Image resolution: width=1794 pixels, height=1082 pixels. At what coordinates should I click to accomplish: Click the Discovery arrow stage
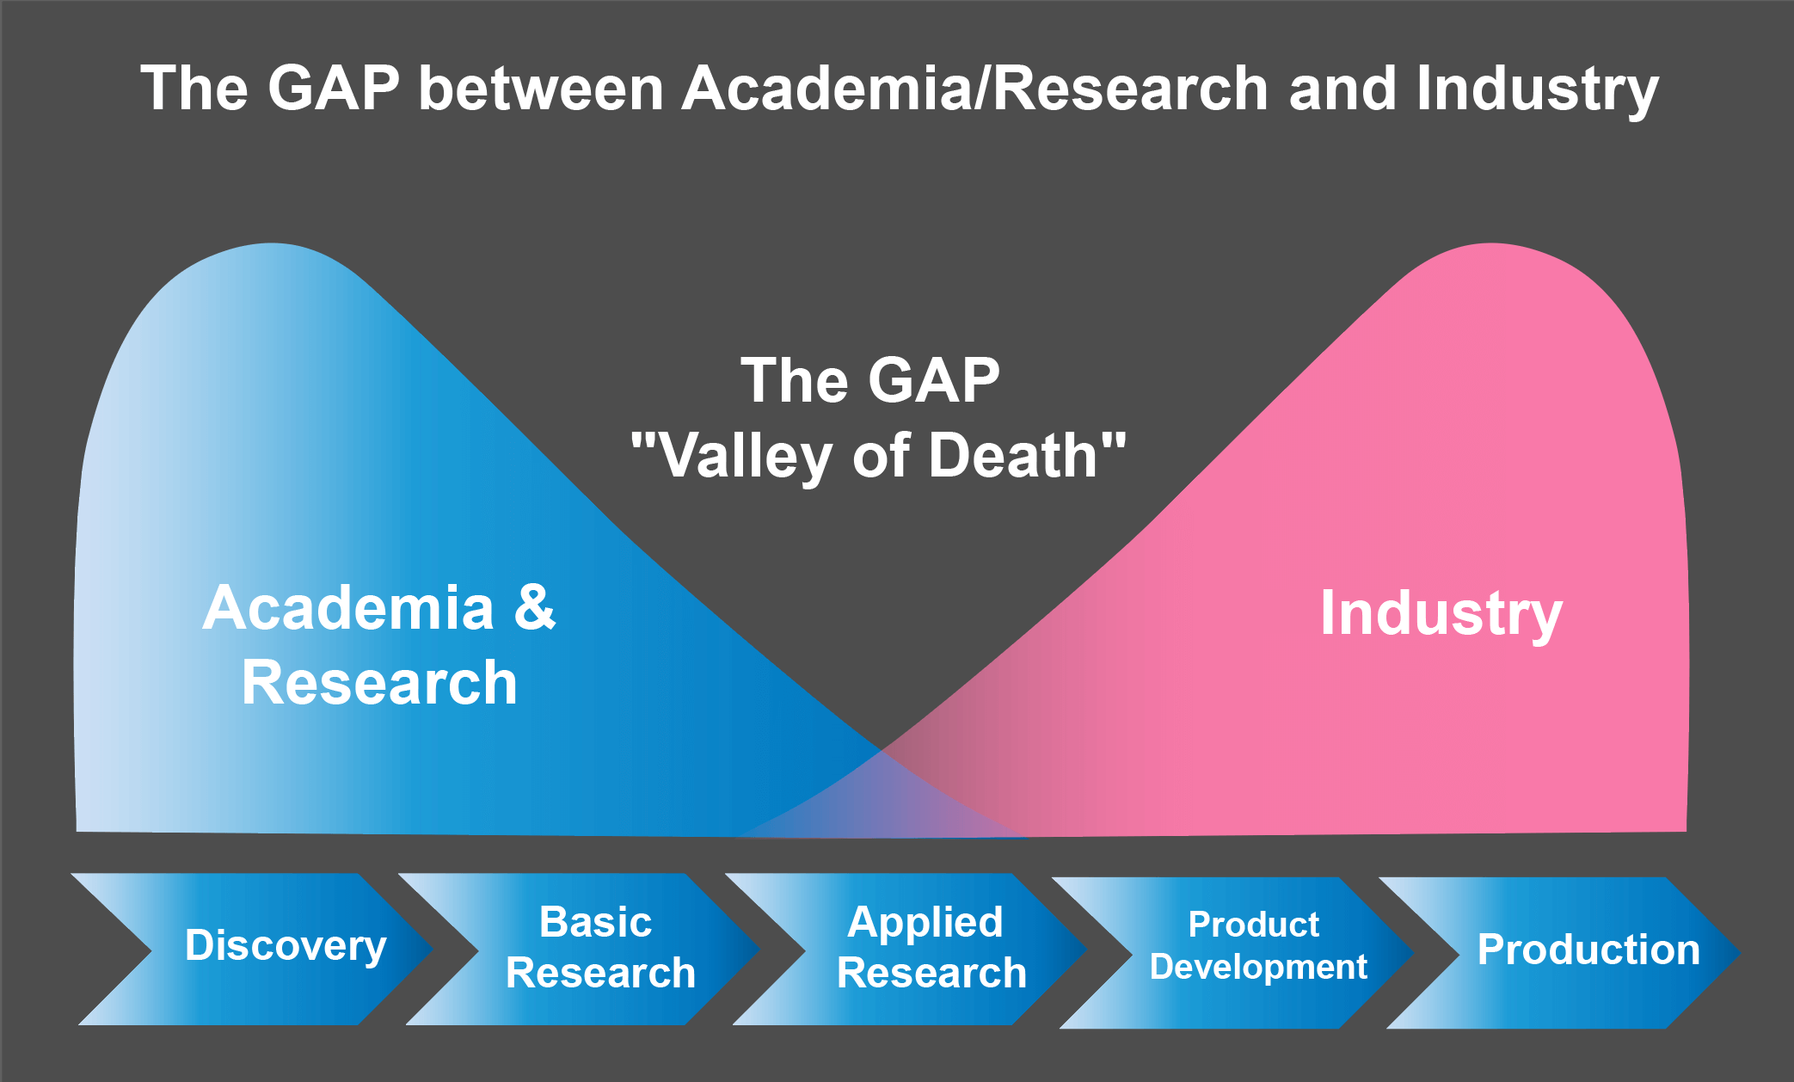(x=258, y=949)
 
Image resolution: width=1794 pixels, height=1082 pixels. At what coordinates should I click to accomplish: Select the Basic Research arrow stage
(x=585, y=949)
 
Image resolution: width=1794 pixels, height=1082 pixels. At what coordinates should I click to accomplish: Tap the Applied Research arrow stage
(x=912, y=949)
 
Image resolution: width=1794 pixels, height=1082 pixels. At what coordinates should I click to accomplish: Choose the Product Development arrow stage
(x=1238, y=952)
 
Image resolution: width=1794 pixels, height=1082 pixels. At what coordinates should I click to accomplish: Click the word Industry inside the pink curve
(x=1441, y=615)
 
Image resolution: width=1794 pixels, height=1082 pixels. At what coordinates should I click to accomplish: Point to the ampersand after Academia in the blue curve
(x=535, y=607)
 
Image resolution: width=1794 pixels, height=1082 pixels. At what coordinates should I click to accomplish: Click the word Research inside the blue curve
(x=379, y=682)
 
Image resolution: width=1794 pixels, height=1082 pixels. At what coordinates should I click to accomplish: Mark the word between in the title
(x=541, y=88)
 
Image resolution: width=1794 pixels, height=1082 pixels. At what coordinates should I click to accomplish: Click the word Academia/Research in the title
(x=975, y=88)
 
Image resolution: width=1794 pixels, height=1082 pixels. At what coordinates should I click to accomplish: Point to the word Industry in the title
(x=1538, y=89)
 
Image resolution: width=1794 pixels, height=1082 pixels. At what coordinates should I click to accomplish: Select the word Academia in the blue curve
(x=349, y=607)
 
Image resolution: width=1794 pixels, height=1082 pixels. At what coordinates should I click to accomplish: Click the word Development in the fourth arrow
(x=1258, y=968)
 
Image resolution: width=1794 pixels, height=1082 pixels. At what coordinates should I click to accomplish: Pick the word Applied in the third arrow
(x=925, y=923)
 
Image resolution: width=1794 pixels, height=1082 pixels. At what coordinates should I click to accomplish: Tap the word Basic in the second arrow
(x=595, y=922)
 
